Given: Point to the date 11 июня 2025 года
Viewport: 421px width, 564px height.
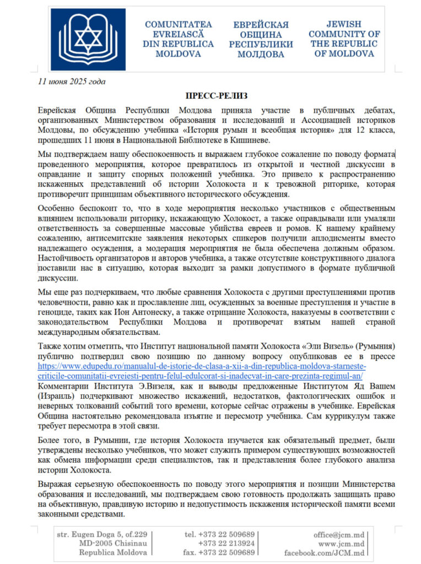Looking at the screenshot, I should pos(72,82).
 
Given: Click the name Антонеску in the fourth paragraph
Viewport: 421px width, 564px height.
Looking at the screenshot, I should pos(153,312).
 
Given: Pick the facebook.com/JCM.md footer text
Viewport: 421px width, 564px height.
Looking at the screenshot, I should pos(325,552).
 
